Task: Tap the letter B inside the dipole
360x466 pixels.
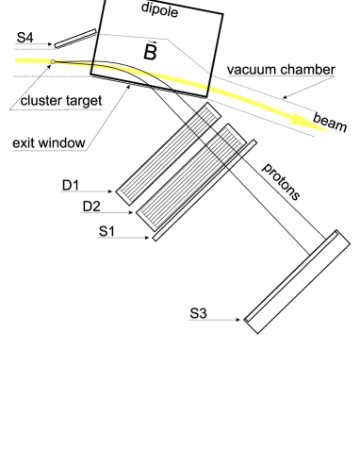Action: point(150,52)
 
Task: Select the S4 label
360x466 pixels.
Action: point(25,37)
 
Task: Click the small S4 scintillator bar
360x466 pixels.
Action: point(74,37)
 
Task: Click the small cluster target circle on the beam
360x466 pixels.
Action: point(54,62)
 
